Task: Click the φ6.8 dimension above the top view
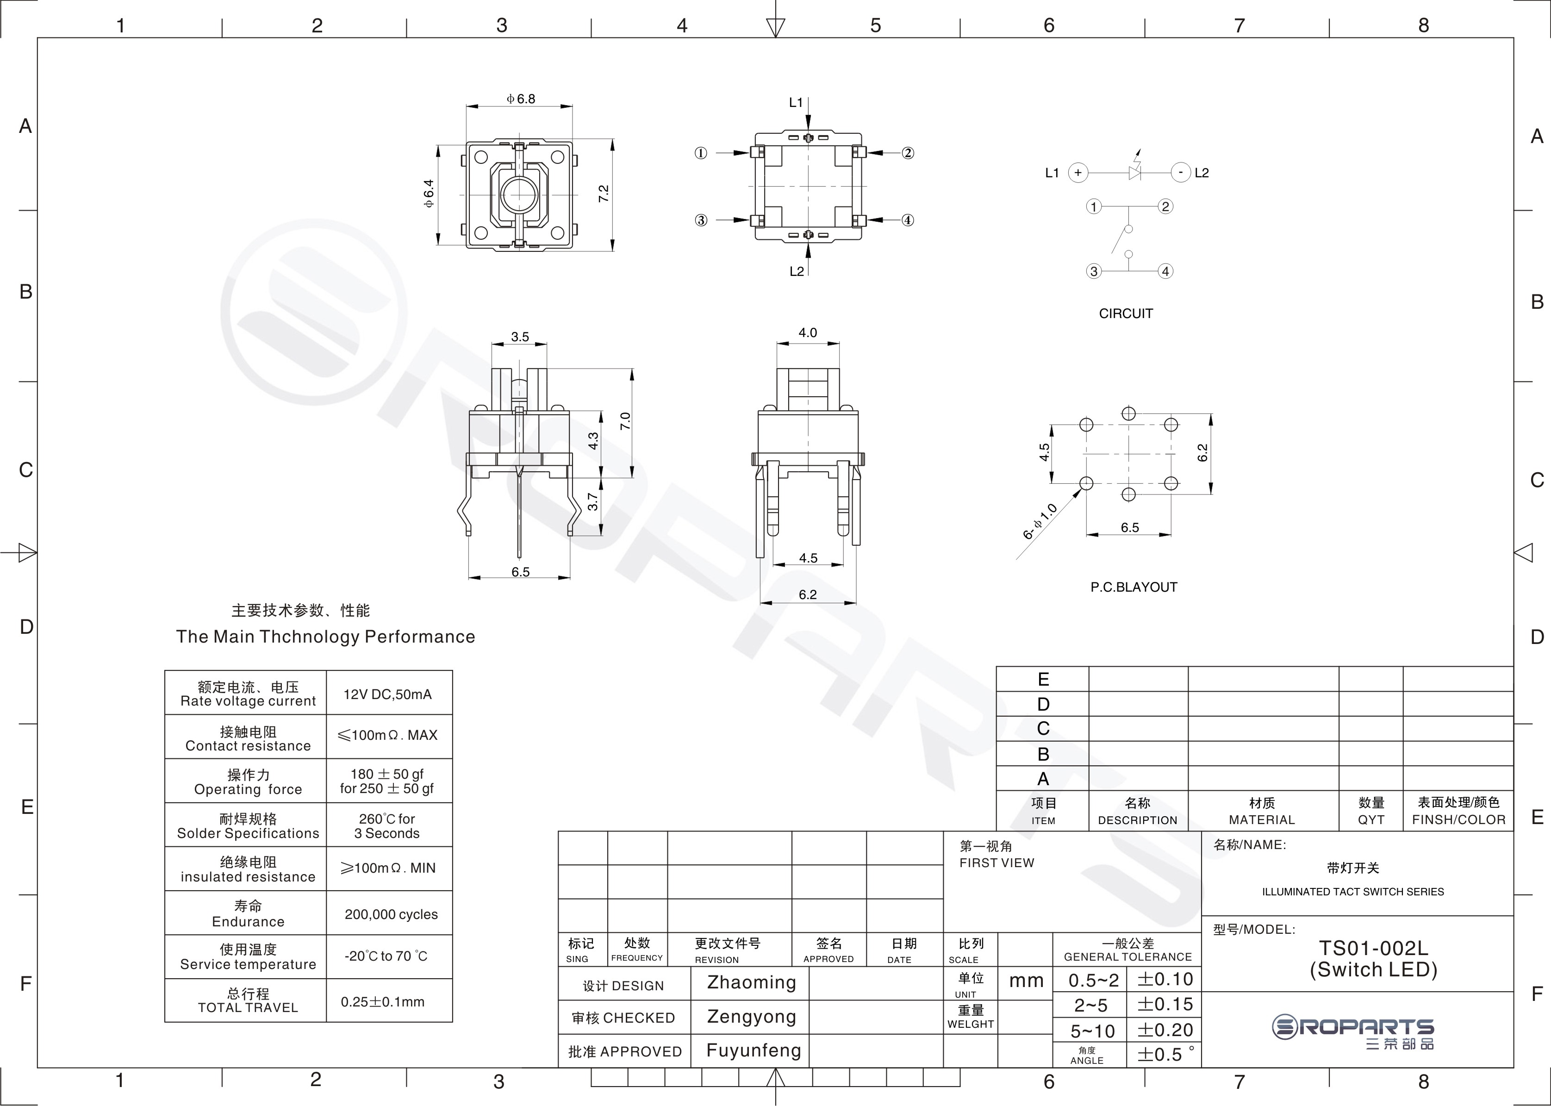[521, 99]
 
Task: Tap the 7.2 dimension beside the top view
[603, 194]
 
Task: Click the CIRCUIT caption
[1126, 314]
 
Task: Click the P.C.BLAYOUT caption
[1134, 587]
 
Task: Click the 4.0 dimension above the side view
[808, 332]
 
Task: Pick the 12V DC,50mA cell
[387, 694]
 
